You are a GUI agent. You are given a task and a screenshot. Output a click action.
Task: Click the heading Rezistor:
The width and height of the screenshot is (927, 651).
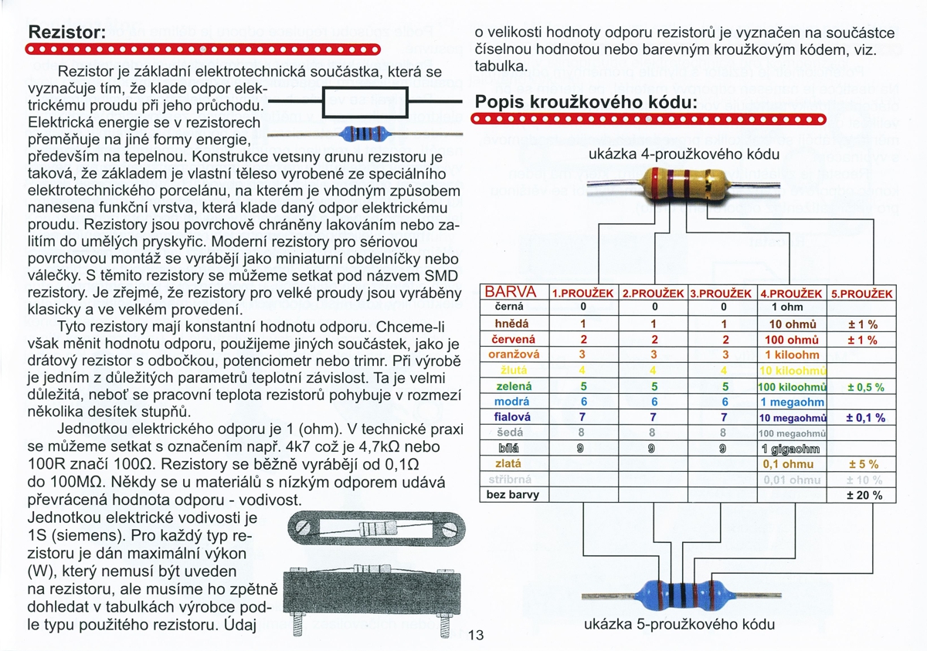click(x=66, y=34)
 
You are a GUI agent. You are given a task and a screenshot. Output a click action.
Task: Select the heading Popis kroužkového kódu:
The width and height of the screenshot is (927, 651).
click(x=586, y=102)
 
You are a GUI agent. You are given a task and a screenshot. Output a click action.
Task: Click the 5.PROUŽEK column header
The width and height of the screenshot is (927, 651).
click(x=861, y=293)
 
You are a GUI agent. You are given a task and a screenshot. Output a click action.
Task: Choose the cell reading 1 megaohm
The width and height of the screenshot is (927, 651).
click(x=792, y=402)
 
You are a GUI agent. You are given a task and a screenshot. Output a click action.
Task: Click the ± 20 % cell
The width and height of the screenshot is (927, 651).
click(x=861, y=495)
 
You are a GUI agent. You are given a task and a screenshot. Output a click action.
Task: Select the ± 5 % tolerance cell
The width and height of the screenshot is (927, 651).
click(x=861, y=464)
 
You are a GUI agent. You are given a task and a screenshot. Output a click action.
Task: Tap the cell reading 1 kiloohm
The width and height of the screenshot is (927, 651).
click(x=792, y=354)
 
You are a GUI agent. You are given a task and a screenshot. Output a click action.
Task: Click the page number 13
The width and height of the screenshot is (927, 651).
click(x=475, y=636)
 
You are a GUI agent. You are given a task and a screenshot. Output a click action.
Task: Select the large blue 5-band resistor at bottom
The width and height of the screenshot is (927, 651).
click(x=679, y=594)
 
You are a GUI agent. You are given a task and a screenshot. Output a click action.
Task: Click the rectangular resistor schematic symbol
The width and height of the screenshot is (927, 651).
click(x=364, y=103)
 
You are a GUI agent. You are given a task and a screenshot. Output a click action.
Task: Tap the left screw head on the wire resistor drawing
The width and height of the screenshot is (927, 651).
click(x=305, y=528)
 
